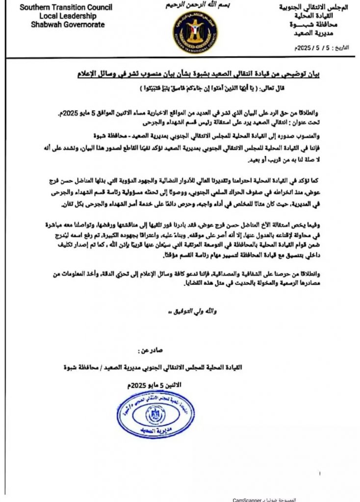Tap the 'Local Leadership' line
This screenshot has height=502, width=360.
(x=60, y=16)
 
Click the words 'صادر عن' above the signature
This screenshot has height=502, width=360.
(x=151, y=351)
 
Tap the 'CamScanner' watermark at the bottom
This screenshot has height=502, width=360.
(x=249, y=499)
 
